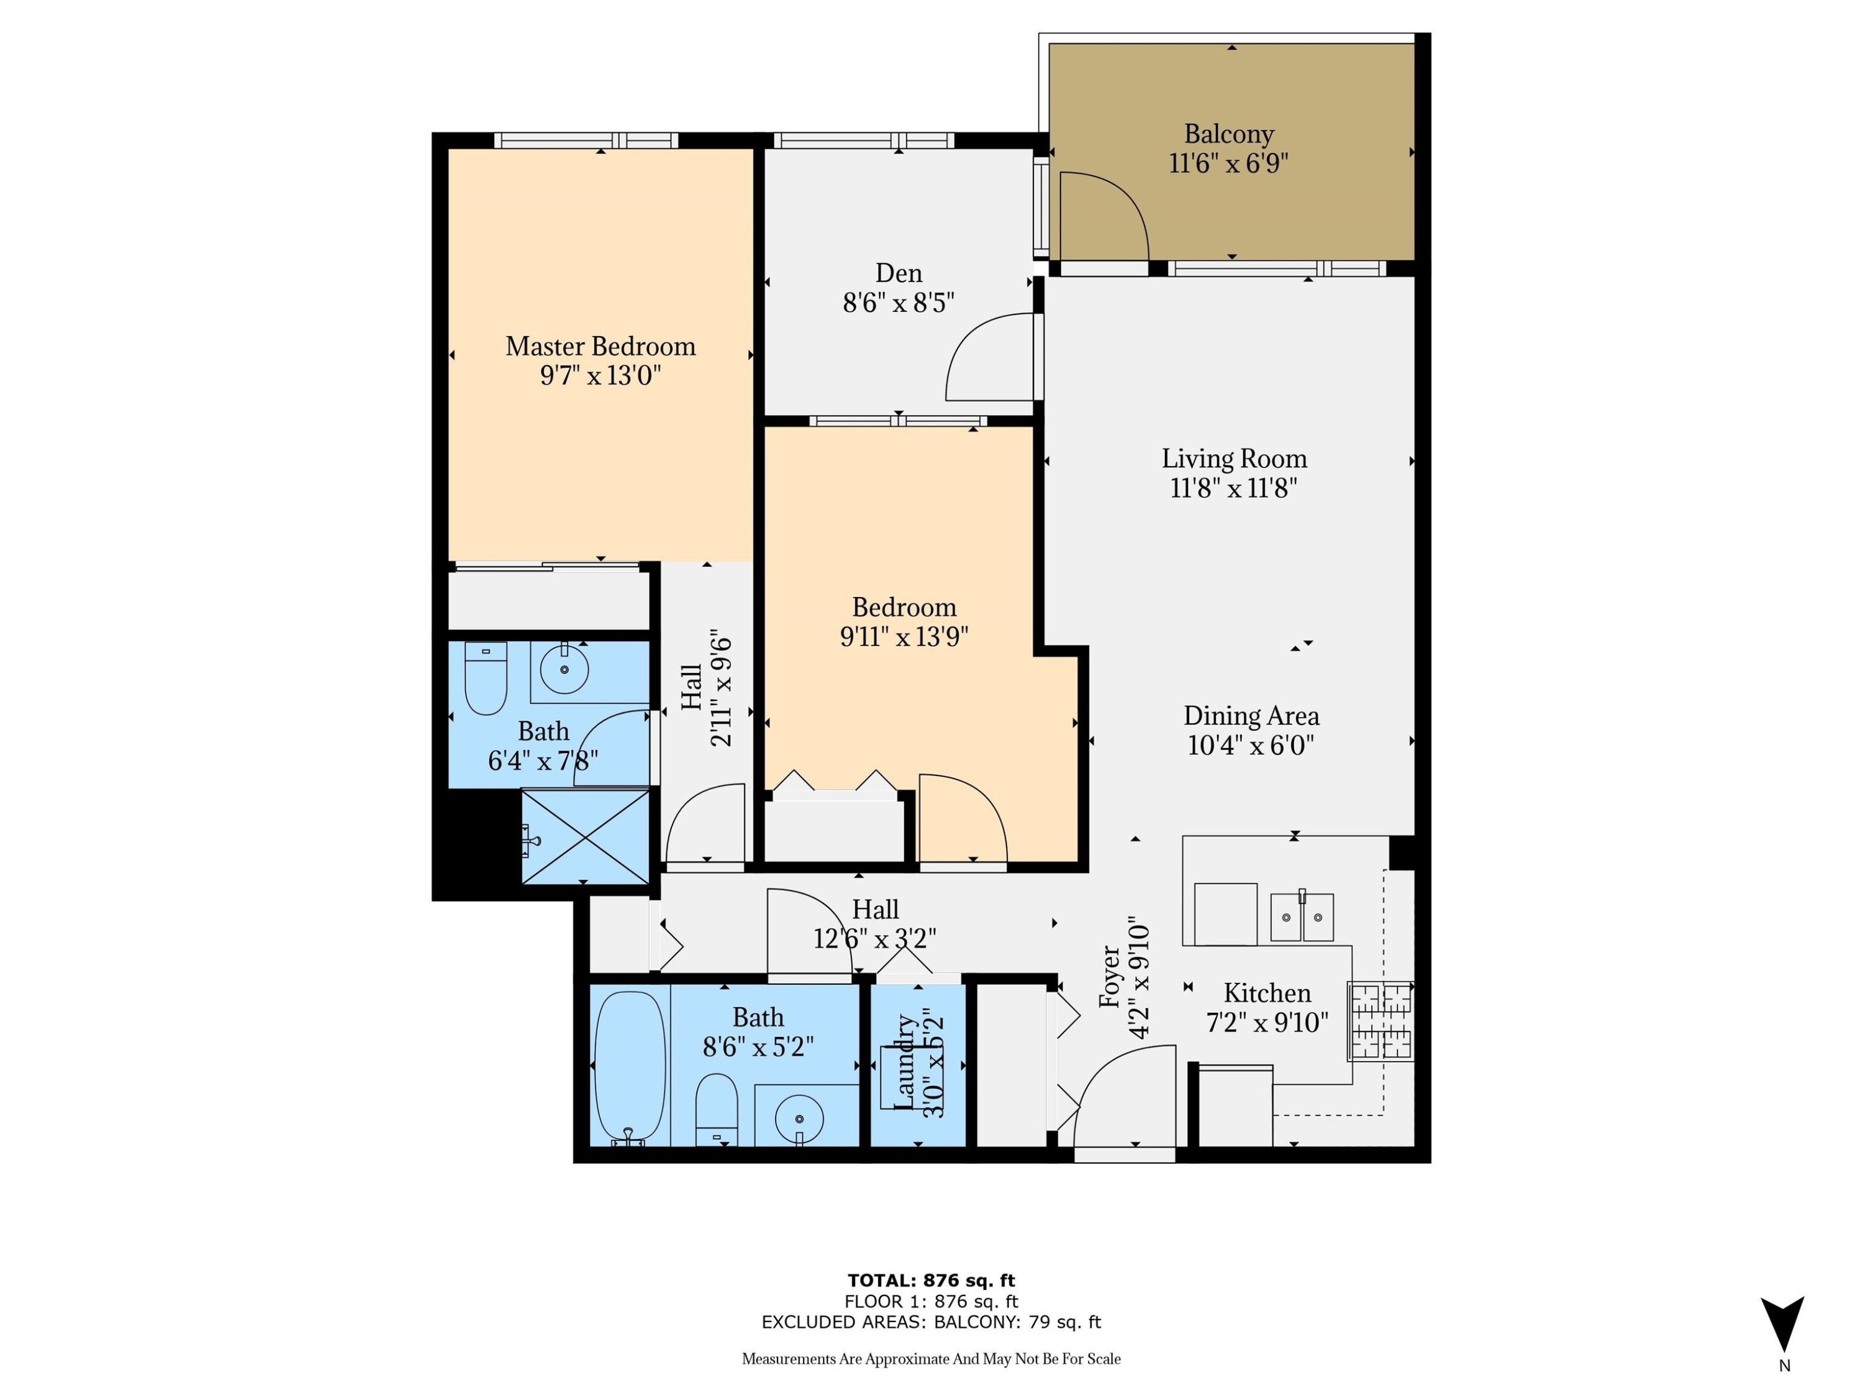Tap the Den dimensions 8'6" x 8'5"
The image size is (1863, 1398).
pos(898,303)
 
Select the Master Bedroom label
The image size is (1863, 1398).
pos(600,346)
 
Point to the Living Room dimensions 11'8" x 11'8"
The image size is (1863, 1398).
pos(1233,488)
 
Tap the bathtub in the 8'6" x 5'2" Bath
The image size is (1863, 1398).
pos(629,1067)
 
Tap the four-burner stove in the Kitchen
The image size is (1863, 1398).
pos(1380,1020)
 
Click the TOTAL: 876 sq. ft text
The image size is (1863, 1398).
pos(931,1280)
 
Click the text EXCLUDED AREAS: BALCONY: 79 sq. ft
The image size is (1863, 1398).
pos(931,1322)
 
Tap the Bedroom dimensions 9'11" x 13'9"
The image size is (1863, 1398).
pos(904,636)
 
